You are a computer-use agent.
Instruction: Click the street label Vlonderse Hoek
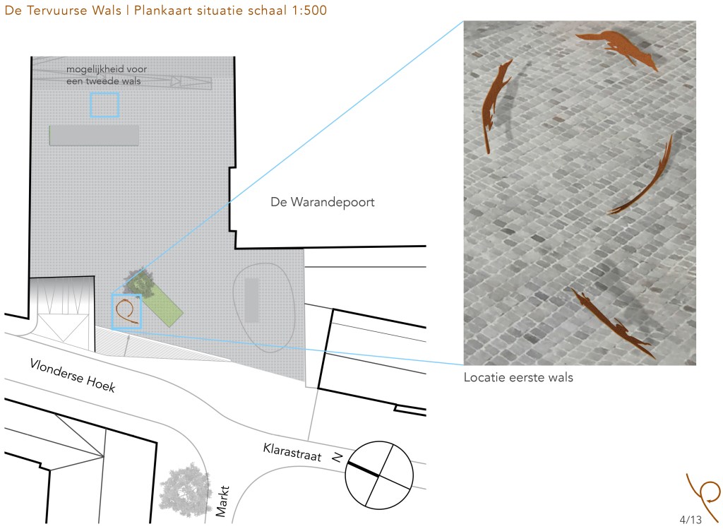[73, 376]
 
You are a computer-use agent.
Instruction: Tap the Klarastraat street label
[292, 452]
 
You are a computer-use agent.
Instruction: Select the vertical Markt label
[222, 501]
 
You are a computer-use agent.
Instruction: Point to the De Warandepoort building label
[322, 202]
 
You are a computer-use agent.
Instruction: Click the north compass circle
[379, 475]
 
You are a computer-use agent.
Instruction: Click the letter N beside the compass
[337, 457]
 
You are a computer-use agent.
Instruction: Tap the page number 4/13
[691, 520]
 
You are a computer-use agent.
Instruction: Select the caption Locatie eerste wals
[518, 377]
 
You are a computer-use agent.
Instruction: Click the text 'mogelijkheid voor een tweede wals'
[107, 75]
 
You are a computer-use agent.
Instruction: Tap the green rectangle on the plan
[159, 304]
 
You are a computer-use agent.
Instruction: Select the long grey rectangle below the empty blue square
[94, 136]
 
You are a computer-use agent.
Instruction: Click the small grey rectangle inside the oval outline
[251, 300]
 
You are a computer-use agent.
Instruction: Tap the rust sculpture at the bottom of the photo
[614, 323]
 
